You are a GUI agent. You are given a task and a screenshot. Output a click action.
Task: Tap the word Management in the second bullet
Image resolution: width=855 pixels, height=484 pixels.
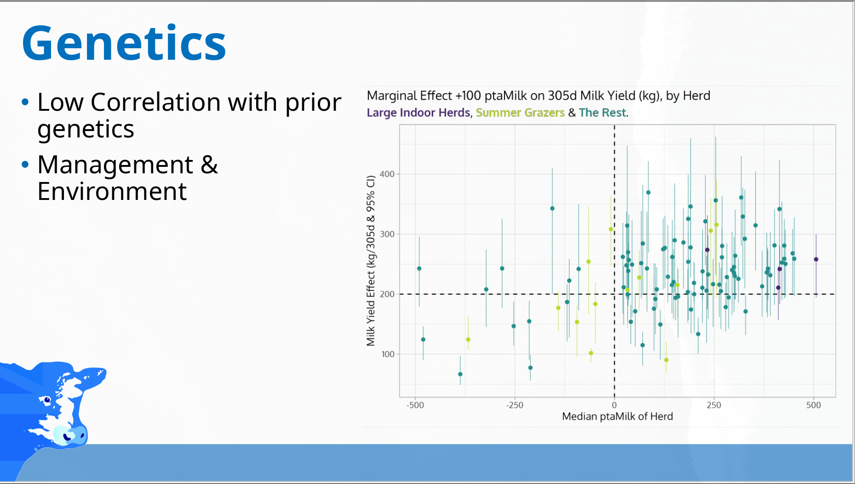coord(115,165)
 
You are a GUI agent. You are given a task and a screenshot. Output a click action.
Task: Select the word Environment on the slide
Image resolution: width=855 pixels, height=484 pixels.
coord(112,191)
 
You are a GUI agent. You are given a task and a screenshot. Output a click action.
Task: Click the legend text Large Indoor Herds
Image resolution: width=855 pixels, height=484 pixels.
coord(418,113)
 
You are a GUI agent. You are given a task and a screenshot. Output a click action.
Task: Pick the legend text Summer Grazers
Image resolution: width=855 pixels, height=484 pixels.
coord(520,113)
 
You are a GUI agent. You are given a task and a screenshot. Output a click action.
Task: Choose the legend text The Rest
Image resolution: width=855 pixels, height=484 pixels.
coord(602,113)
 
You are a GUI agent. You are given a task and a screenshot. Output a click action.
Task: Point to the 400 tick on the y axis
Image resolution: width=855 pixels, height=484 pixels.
coord(387,174)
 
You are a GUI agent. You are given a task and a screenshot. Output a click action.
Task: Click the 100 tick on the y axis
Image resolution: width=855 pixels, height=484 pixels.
coord(387,354)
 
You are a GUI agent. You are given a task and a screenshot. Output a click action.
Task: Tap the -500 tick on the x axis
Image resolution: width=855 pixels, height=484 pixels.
coord(415,405)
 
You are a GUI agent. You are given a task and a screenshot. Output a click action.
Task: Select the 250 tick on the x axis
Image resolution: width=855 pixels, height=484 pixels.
coord(714,405)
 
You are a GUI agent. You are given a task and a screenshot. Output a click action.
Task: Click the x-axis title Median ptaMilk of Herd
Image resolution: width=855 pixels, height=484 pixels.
coord(617,416)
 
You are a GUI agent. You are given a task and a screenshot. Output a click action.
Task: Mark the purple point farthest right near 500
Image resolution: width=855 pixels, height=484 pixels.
coord(816,259)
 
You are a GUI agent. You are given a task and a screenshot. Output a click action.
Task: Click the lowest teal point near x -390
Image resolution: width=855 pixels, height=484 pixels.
coord(460,374)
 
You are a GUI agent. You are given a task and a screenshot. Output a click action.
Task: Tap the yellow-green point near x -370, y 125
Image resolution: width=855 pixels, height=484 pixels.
coord(468,340)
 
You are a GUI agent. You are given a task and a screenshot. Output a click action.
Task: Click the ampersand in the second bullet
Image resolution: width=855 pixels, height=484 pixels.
coord(209,165)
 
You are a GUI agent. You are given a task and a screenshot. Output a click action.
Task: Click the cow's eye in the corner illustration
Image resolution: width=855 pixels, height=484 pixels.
coord(47,399)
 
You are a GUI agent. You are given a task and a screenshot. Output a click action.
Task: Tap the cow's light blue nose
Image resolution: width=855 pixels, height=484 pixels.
coord(69,434)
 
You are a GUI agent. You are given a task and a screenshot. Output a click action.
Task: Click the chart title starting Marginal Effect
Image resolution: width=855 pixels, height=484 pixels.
coord(538,96)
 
